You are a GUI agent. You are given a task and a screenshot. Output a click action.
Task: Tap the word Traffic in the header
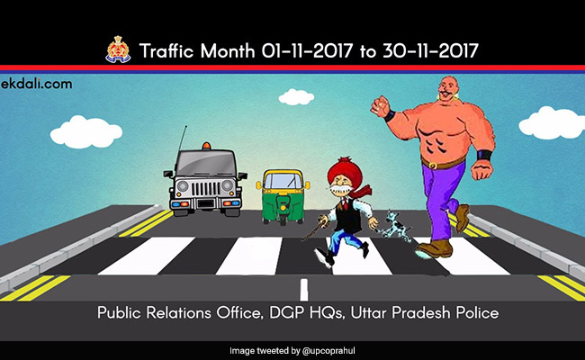pyautogui.click(x=169, y=50)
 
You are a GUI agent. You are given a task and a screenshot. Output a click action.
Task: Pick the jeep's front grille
pyautogui.click(x=206, y=192)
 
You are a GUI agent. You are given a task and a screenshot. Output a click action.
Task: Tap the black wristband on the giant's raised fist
pyautogui.click(x=390, y=114)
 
